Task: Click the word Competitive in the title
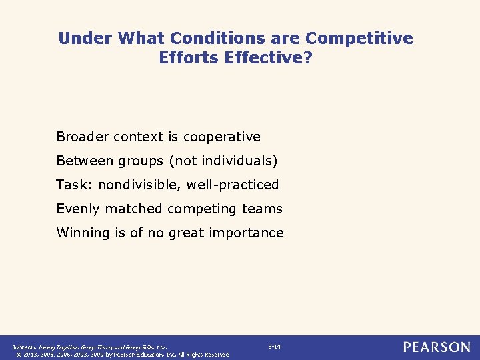coord(359,39)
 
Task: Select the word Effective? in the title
coord(269,58)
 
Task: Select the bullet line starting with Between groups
coord(167,161)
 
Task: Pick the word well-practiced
coord(233,185)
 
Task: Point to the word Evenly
coord(77,209)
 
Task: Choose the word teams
coord(262,209)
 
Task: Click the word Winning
coord(81,233)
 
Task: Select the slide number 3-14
coord(274,347)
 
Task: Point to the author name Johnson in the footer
coord(24,347)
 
